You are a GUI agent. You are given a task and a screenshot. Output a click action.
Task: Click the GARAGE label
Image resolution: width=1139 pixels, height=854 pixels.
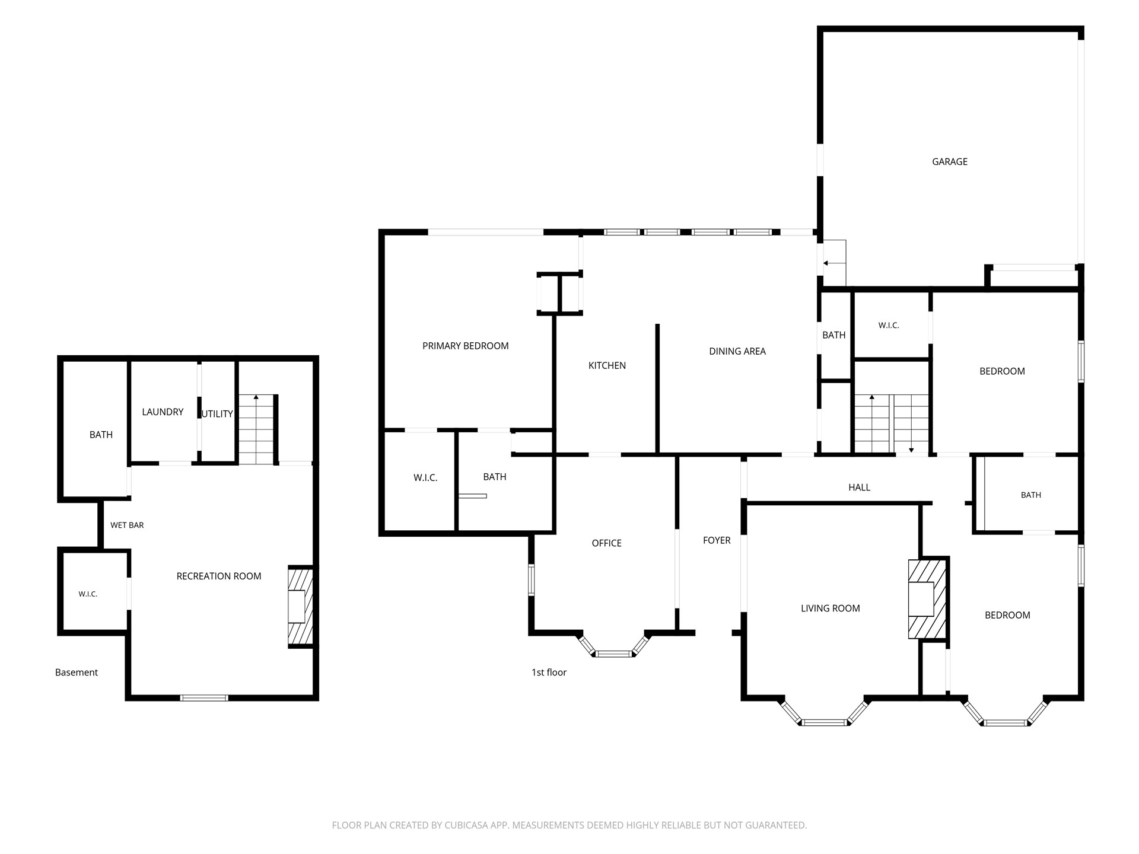[949, 162]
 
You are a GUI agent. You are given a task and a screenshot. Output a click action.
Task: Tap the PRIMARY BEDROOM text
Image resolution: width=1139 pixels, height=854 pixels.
[465, 346]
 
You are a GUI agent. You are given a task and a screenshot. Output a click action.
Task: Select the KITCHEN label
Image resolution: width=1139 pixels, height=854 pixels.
[607, 366]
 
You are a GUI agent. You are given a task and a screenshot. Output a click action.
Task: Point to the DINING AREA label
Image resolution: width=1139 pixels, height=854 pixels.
[737, 352]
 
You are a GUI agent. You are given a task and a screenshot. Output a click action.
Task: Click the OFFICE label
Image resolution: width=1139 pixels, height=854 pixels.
[606, 543]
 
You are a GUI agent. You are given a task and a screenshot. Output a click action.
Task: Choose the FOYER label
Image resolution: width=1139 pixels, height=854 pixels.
[717, 540]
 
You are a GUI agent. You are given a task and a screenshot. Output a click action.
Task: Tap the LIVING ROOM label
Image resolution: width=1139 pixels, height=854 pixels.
[830, 608]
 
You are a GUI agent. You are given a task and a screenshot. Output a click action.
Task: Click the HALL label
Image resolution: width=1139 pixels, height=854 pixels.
[859, 487]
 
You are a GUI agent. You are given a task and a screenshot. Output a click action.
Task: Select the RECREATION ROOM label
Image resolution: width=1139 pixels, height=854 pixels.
[219, 576]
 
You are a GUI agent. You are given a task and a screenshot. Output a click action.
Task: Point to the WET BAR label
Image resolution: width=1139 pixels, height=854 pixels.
[127, 525]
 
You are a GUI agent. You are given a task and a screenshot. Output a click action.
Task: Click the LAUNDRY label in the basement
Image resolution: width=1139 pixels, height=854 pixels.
[163, 412]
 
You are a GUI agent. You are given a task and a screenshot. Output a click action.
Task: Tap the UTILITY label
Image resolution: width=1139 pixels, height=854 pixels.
[217, 414]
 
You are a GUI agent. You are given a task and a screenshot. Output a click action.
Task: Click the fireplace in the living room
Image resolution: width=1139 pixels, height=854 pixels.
[927, 599]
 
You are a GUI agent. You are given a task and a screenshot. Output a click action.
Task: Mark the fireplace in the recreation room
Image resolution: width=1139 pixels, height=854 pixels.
[300, 606]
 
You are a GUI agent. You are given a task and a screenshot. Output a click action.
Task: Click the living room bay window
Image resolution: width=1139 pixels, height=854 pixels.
[826, 712]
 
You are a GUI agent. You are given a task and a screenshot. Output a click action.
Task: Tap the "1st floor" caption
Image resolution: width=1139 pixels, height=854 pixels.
[549, 673]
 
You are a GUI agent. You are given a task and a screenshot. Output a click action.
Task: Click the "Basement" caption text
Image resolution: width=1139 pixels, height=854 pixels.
[77, 673]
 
